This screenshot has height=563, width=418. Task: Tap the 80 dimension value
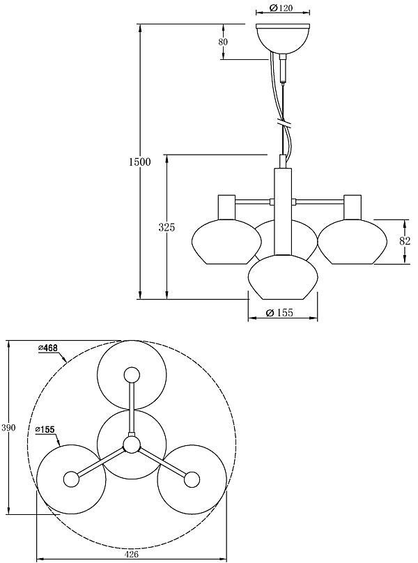(224, 42)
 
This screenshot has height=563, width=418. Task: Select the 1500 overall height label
(139, 162)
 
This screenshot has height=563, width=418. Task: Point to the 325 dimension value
(167, 227)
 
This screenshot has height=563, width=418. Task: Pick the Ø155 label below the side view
(282, 314)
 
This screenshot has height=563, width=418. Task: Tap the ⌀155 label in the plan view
(45, 429)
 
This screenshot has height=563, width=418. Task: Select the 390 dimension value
(8, 427)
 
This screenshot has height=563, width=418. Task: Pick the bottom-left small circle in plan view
(71, 479)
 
